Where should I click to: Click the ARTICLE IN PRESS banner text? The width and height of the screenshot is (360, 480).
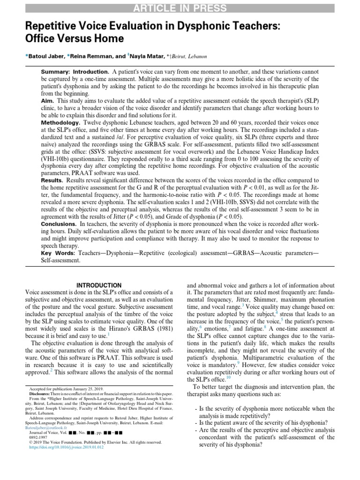(180, 8)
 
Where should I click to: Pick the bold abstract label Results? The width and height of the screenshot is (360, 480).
(52, 180)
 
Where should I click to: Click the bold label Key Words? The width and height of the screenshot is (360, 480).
(58, 253)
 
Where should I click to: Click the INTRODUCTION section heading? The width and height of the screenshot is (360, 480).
(99, 285)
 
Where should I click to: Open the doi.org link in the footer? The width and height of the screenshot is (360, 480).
(67, 448)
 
